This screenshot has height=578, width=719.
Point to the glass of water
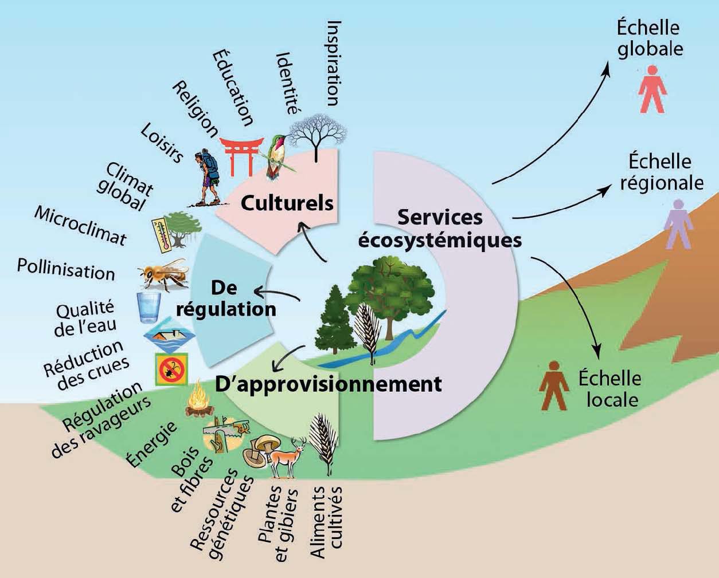click(x=149, y=308)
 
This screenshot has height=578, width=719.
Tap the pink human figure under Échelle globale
click(x=652, y=89)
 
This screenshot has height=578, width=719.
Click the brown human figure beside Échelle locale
click(x=554, y=386)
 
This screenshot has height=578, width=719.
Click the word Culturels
click(x=287, y=203)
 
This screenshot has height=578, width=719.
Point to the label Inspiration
click(x=334, y=64)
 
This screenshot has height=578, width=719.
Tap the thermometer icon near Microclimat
click(x=162, y=235)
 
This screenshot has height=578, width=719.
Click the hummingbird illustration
click(x=278, y=155)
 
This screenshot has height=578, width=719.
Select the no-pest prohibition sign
click(x=171, y=369)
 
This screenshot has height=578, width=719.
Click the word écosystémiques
click(x=439, y=241)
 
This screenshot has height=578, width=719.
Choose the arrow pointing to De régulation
click(x=277, y=293)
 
